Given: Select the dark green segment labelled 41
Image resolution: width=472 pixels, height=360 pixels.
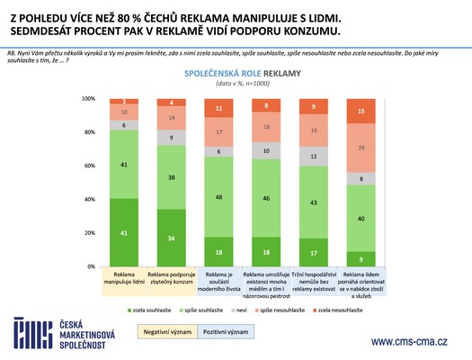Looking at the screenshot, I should (125, 232).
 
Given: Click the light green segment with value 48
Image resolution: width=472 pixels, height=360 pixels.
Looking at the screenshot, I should (220, 196).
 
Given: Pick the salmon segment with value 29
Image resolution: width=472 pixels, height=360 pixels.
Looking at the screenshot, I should (361, 148).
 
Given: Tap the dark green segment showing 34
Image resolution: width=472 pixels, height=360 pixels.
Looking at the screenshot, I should (173, 238).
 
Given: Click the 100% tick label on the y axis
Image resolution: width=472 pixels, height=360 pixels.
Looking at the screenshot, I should (88, 99).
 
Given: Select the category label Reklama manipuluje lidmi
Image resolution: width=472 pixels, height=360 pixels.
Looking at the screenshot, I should (125, 279).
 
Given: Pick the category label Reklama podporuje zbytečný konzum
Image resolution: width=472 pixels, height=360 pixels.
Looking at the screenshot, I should (173, 279).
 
